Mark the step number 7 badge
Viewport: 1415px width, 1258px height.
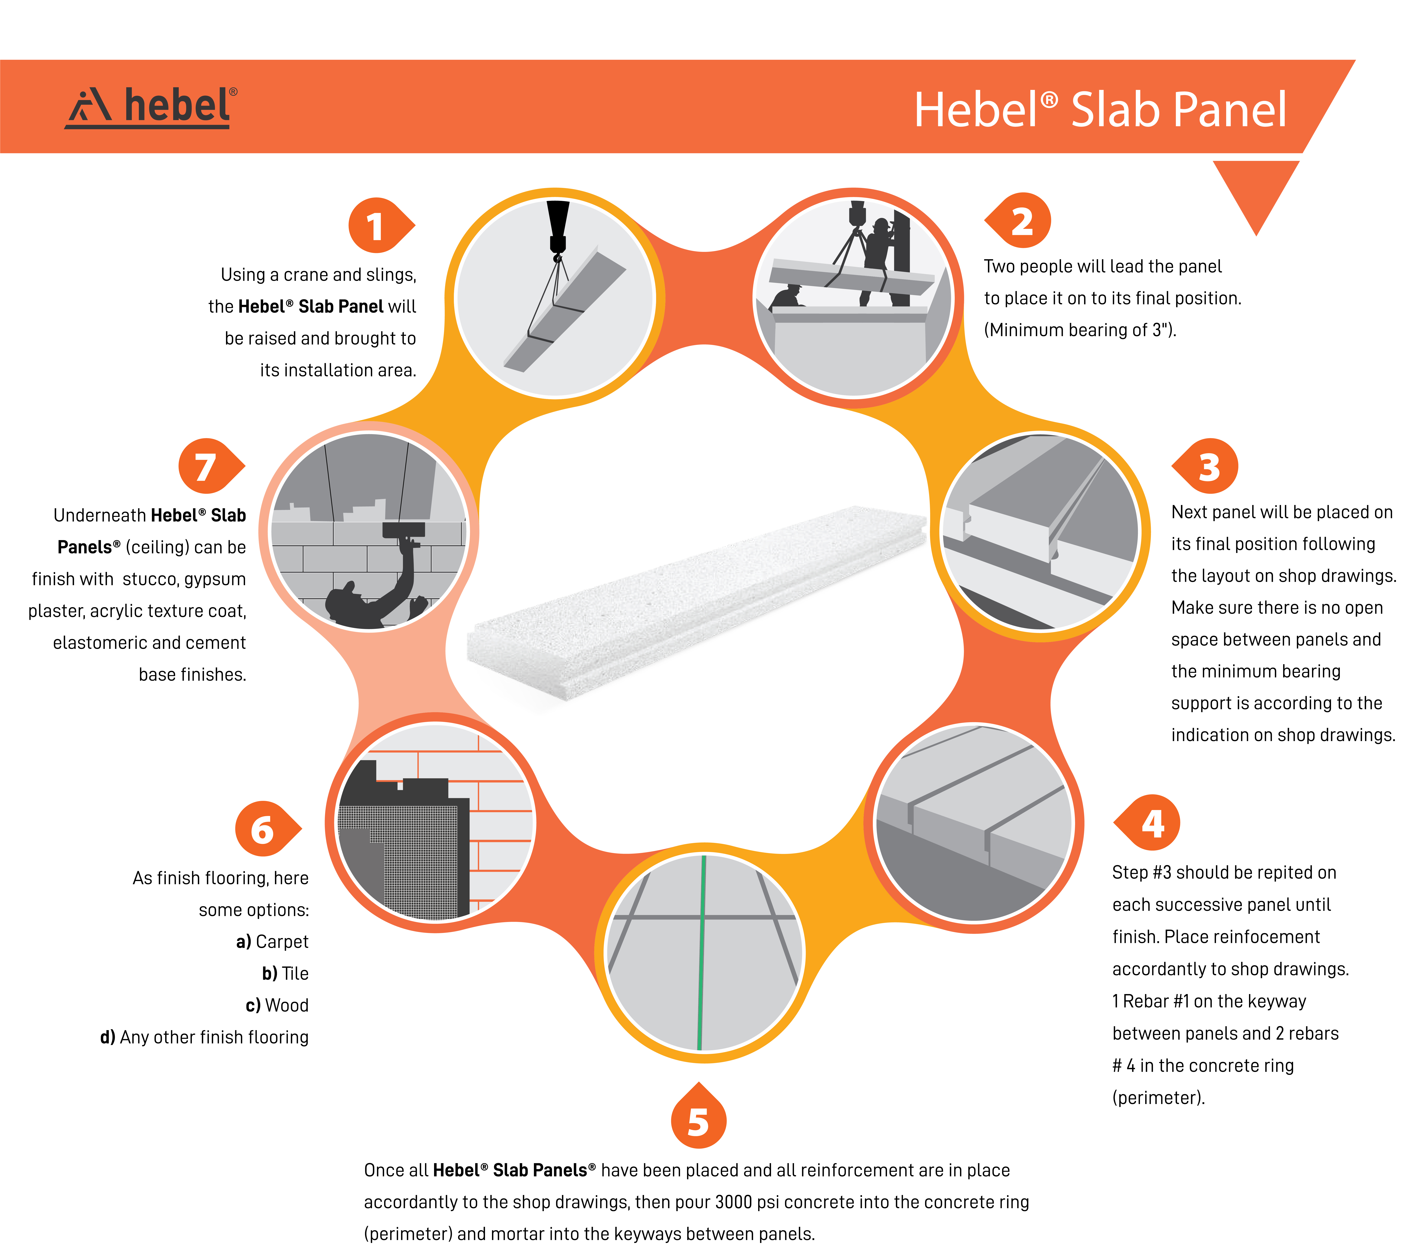pos(211,466)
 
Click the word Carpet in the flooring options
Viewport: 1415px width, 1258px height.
pos(282,942)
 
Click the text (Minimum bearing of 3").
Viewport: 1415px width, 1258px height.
pos(1080,330)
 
